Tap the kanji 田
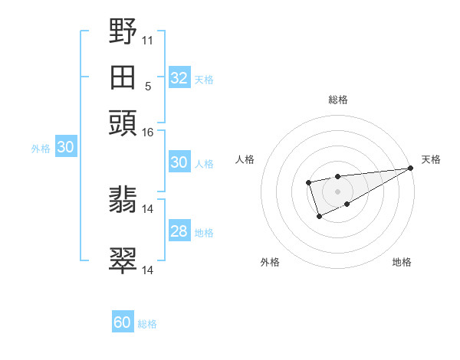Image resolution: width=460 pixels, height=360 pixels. (123, 77)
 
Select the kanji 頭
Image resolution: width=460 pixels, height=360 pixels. (123, 123)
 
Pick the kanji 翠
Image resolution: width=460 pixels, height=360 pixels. (123, 260)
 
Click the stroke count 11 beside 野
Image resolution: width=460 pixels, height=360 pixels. (148, 40)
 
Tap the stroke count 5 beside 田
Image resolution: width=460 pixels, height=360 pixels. (148, 86)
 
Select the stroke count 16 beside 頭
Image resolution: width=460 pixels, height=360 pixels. (148, 133)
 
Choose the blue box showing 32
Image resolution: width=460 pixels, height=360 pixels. (179, 78)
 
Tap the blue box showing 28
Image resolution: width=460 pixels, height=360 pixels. (179, 232)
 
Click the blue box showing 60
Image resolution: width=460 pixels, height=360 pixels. (123, 322)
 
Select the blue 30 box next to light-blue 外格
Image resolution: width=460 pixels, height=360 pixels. (65, 148)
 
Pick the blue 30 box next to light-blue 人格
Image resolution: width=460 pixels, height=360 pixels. (179, 162)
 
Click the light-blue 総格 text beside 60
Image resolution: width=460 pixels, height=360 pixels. (148, 324)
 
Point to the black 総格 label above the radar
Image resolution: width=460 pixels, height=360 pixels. (337, 100)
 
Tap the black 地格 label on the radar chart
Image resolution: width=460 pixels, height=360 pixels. (402, 263)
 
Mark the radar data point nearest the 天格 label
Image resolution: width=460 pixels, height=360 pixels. (410, 169)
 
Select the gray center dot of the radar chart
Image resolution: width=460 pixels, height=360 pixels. (337, 191)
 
